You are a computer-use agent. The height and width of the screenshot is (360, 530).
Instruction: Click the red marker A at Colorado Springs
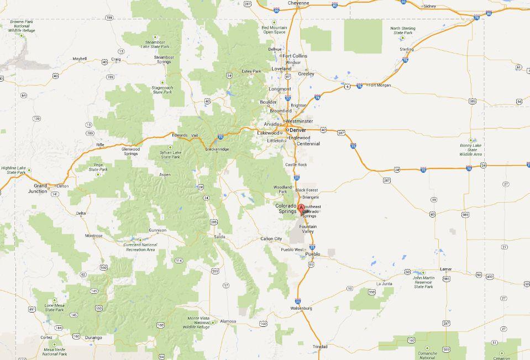(x=301, y=209)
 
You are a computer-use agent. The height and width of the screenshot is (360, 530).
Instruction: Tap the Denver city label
(x=298, y=130)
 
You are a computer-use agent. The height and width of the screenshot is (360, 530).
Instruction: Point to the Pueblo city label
(x=313, y=255)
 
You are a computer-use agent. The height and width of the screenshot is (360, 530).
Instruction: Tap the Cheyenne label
(x=299, y=3)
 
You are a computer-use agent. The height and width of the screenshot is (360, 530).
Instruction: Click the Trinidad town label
(x=320, y=347)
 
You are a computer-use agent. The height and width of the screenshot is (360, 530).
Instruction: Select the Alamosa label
(x=228, y=321)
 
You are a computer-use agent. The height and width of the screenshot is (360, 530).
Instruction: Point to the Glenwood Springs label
(x=131, y=151)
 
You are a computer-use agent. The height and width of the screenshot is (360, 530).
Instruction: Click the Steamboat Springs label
(x=163, y=60)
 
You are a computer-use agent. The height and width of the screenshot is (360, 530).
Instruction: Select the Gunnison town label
(x=158, y=230)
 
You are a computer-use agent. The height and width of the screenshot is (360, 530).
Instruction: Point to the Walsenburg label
(x=301, y=308)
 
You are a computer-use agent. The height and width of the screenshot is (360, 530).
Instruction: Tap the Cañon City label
(x=271, y=239)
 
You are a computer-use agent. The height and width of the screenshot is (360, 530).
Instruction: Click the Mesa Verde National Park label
(x=55, y=351)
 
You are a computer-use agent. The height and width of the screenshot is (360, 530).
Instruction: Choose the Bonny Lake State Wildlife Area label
(x=471, y=150)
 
